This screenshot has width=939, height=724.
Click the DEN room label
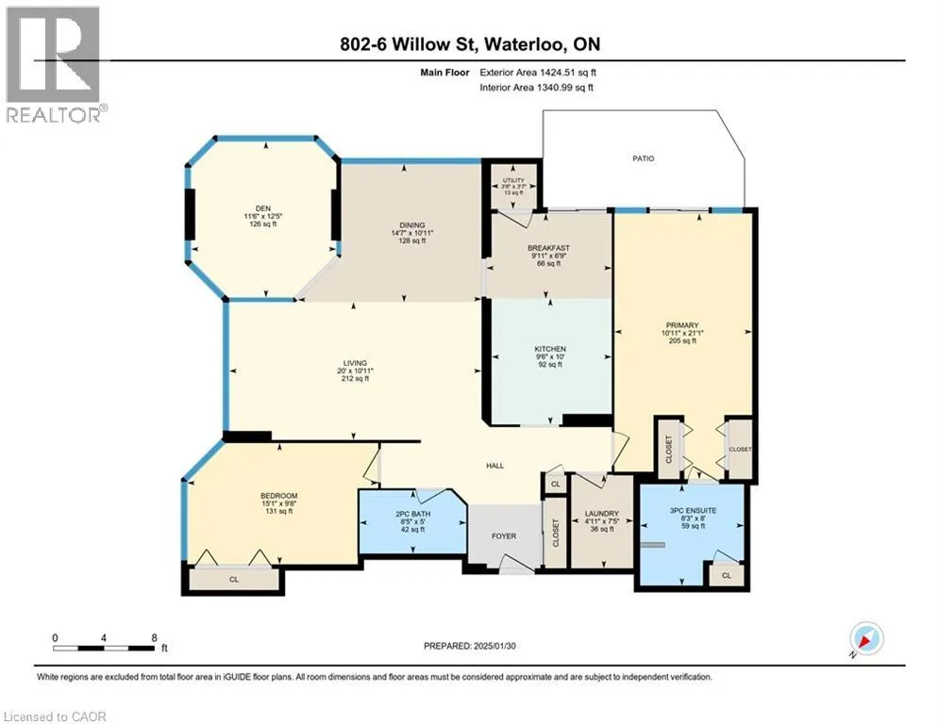point(263,209)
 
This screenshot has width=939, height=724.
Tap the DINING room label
point(412,225)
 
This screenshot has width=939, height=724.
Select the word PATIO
point(644,158)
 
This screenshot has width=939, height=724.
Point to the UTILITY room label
point(513,180)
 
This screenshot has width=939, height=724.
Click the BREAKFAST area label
point(548,248)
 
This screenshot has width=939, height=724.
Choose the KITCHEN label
point(550,349)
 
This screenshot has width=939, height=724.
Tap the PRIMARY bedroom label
point(682,325)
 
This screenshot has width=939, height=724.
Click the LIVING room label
point(355,363)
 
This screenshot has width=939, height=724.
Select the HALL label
point(495,466)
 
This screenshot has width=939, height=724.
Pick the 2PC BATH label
point(413,514)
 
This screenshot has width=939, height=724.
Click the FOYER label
point(504,536)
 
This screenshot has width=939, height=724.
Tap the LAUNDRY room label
point(602,514)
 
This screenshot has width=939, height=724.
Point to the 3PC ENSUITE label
point(694,510)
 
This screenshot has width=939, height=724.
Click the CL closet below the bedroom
point(233,579)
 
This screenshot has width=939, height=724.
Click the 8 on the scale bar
point(154,638)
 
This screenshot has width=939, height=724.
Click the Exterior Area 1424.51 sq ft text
point(538,73)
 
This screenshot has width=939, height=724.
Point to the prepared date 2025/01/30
point(495,646)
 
